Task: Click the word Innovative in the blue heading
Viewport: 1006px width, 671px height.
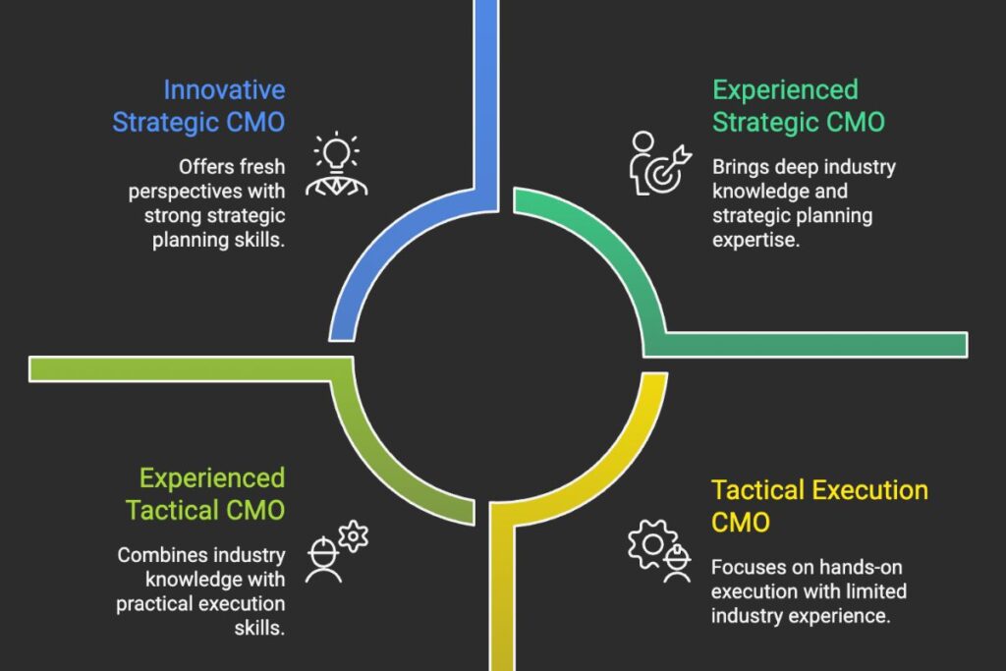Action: pyautogui.click(x=224, y=89)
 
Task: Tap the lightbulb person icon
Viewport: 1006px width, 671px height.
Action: pyautogui.click(x=337, y=164)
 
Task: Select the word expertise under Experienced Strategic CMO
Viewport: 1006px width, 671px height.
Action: pyautogui.click(x=755, y=240)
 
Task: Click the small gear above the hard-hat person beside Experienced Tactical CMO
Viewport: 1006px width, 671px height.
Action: pyautogui.click(x=353, y=535)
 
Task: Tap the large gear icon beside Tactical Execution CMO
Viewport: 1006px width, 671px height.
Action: pyautogui.click(x=652, y=544)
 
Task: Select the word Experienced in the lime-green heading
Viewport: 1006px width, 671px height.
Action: pyautogui.click(x=212, y=478)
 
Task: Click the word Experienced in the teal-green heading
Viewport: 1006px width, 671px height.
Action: pyautogui.click(x=785, y=90)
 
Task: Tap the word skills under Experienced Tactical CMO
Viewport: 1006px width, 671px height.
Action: pyautogui.click(x=259, y=628)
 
